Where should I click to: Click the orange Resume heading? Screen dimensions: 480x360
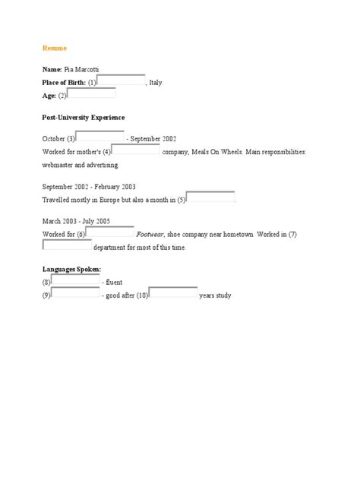click(55, 48)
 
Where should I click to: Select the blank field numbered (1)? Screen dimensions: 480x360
click(122, 81)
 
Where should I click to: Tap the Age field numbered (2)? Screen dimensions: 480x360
click(92, 94)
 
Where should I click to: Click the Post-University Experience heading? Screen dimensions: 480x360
click(84, 118)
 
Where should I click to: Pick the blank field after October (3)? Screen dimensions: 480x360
click(101, 137)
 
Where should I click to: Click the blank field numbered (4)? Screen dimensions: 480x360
click(137, 150)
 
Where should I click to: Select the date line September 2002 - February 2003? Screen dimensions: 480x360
click(90, 187)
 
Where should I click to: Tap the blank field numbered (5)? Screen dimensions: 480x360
click(210, 198)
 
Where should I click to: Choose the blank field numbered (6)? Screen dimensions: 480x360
click(110, 232)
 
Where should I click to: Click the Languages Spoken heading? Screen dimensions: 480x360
click(72, 269)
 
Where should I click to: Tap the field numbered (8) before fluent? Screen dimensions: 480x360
click(75, 281)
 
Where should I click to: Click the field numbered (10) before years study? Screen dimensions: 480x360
click(173, 293)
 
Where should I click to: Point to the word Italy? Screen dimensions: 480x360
click(155, 82)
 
